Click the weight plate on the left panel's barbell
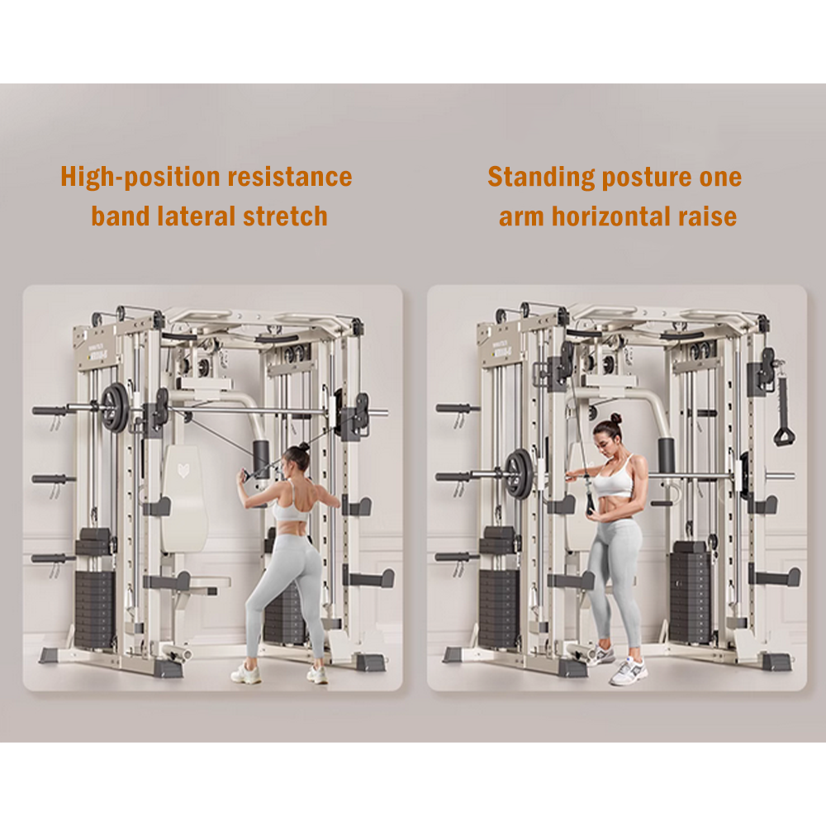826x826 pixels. click(x=114, y=406)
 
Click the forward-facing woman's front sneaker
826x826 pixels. click(x=628, y=671)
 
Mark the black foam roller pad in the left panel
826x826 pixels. click(x=262, y=456)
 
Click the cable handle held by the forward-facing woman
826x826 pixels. click(x=589, y=501)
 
